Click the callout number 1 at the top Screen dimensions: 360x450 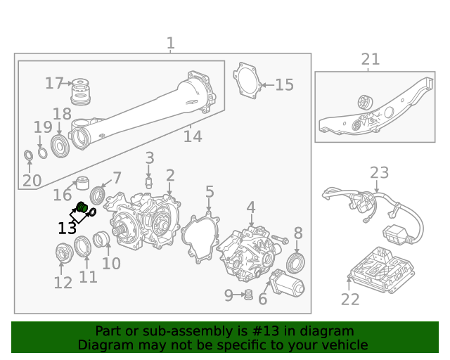click(x=170, y=44)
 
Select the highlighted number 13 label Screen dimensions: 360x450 click(x=67, y=229)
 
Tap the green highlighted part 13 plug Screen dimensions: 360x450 click(x=81, y=207)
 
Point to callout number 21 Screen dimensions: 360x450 click(x=370, y=60)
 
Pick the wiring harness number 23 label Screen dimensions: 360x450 click(x=379, y=172)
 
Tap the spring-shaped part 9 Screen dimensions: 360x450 click(x=247, y=295)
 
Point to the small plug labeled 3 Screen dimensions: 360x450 click(x=149, y=181)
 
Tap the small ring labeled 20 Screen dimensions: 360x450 click(x=28, y=155)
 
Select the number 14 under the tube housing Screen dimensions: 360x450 click(x=193, y=136)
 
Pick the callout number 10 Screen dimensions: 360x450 click(x=111, y=264)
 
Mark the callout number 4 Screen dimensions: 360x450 click(x=250, y=207)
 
